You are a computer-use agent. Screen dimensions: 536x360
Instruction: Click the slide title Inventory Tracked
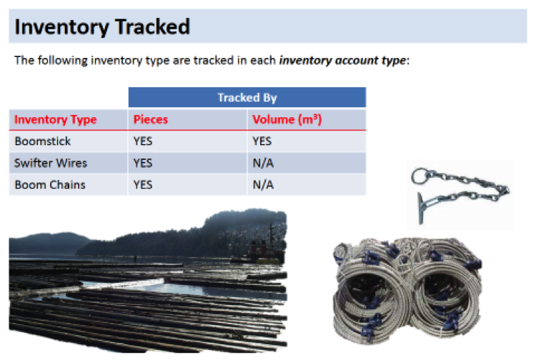102,27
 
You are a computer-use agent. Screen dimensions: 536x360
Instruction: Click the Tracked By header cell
247,98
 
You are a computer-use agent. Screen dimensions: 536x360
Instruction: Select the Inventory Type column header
55,119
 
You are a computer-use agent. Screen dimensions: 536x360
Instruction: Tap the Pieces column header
150,119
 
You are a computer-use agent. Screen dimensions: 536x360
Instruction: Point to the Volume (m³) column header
287,119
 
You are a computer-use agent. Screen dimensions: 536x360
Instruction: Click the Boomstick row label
42,141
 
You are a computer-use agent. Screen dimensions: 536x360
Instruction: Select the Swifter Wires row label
51,163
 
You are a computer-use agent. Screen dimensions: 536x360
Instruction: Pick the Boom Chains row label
50,185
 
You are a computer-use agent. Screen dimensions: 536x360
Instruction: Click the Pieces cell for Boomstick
143,141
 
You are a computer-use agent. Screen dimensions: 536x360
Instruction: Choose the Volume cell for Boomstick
262,141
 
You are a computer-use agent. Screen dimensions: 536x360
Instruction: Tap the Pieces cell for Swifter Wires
143,163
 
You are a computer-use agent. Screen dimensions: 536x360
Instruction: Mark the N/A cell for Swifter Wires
263,163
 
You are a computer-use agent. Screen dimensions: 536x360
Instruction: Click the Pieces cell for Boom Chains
143,185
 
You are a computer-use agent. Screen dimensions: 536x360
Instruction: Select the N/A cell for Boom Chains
263,185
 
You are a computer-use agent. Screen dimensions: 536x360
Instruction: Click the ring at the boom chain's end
413,176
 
